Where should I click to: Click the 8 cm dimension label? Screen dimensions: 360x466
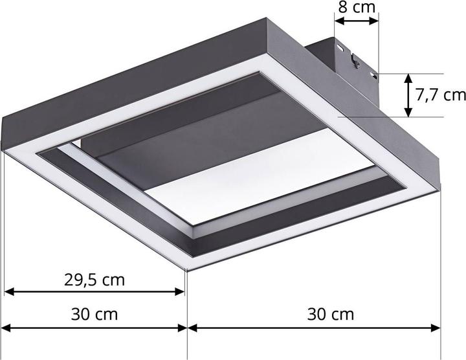tap(356, 8)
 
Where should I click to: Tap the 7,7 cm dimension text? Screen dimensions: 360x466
tap(440, 95)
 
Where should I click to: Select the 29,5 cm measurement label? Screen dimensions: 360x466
tap(94, 280)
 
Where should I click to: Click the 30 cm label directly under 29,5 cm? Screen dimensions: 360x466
tap(94, 315)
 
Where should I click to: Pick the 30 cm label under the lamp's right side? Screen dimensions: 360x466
tap(330, 315)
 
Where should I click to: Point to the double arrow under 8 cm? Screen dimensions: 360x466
tap(356, 22)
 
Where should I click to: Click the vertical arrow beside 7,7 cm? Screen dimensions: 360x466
tap(408, 95)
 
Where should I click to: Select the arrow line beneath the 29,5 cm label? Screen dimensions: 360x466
tap(95, 293)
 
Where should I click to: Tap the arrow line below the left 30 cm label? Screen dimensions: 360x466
tap(95, 328)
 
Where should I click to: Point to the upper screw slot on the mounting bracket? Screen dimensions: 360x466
tap(340, 47)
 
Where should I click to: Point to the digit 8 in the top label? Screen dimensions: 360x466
tap(342, 8)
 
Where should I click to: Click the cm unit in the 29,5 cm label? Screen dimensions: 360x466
tap(113, 280)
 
